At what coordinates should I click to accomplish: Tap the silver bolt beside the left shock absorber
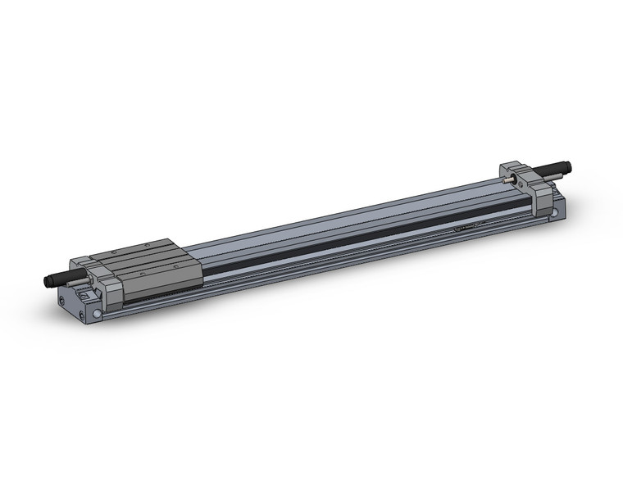click(83, 282)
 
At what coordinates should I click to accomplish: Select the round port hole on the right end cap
click(556, 215)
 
